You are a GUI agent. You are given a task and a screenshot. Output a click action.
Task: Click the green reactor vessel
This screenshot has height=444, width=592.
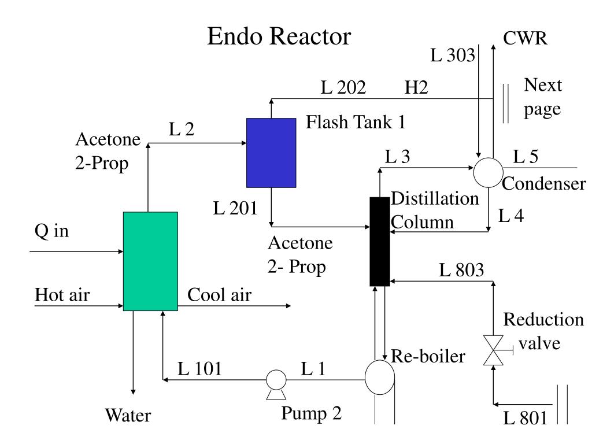click(150, 261)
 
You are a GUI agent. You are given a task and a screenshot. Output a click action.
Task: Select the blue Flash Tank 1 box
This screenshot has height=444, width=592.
click(271, 153)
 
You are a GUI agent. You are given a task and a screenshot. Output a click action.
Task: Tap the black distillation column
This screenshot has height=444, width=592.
click(380, 242)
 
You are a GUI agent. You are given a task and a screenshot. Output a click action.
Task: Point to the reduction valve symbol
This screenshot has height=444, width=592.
click(493, 350)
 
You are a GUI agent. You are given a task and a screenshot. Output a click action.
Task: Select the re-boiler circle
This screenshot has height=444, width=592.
click(380, 377)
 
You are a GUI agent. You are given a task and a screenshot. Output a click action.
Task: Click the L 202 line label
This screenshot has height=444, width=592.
click(343, 88)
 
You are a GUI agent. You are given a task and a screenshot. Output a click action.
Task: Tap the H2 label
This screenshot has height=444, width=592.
click(416, 88)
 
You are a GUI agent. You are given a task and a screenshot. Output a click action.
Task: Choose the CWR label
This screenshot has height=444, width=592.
click(525, 39)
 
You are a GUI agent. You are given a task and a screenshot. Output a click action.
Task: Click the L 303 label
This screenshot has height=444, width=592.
click(453, 55)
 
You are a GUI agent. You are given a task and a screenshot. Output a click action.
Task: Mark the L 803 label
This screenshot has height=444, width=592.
click(461, 270)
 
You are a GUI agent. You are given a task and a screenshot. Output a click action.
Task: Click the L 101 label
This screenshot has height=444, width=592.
click(199, 368)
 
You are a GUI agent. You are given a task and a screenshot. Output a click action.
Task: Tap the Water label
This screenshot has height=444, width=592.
click(128, 415)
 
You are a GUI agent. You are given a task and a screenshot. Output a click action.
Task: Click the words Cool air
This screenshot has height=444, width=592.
click(220, 295)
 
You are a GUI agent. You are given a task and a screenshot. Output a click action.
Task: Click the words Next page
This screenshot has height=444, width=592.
click(543, 97)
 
